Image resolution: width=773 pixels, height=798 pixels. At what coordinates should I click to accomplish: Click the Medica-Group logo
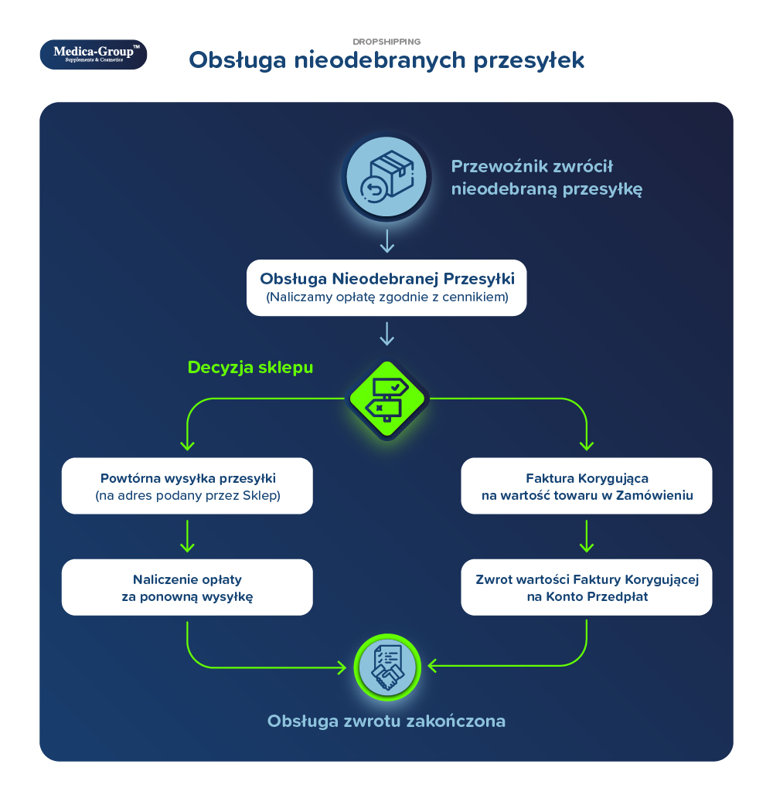94,54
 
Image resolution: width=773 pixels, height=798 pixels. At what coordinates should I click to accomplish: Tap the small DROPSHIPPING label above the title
386,42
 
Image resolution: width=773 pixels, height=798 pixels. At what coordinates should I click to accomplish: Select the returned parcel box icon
386,177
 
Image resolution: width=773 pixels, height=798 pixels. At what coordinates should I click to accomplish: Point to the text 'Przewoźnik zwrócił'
532,166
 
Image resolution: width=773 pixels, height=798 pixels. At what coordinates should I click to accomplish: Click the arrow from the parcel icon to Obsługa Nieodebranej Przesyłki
387,241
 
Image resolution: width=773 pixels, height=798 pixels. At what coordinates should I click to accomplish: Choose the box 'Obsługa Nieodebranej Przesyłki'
386,287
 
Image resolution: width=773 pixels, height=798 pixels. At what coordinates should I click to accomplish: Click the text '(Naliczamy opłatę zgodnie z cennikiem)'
387,297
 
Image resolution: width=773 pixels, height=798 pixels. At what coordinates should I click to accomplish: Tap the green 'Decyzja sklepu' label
250,368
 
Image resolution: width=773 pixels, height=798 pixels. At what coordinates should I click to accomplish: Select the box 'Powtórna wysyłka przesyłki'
187,485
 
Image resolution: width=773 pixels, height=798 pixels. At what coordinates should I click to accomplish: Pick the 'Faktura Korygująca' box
587,485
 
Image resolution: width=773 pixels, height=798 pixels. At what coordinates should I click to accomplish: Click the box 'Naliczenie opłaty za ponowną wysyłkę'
187,587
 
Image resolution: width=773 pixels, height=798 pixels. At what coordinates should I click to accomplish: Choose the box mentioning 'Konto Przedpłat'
587,587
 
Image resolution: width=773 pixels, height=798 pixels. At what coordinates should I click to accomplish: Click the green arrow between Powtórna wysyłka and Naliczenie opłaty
187,536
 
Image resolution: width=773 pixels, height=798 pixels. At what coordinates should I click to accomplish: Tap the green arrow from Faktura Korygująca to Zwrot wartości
587,536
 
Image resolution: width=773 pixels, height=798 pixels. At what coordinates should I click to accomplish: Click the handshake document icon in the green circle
387,667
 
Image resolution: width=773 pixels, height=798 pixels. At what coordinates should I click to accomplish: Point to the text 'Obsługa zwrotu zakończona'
386,722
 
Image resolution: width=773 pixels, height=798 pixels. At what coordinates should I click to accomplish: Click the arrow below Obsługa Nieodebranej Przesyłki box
387,334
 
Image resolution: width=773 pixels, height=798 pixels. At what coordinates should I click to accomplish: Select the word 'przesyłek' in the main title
529,61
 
